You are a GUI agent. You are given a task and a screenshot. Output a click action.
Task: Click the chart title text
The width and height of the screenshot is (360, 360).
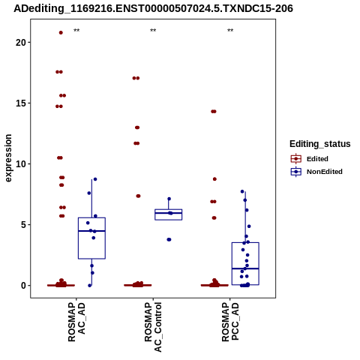tap(153, 8)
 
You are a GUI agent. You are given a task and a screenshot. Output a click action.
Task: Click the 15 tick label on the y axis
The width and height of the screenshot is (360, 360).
tap(21, 103)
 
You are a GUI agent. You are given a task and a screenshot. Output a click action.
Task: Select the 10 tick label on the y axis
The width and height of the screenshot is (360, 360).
tap(21, 164)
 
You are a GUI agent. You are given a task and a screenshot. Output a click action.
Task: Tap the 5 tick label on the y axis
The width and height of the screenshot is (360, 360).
tap(23, 225)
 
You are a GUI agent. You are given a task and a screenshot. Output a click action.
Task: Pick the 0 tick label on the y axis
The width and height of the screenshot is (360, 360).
tap(23, 286)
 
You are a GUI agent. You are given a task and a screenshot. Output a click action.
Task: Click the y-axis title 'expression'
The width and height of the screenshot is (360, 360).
tap(8, 158)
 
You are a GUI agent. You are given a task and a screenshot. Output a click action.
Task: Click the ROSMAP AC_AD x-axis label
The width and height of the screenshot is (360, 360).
tap(76, 322)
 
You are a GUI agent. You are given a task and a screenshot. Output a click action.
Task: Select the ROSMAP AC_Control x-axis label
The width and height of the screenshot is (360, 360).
tap(153, 327)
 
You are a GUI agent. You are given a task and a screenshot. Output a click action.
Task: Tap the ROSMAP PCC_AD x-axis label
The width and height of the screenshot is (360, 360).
tap(230, 322)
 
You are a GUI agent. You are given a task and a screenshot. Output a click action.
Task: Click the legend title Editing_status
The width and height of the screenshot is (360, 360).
tap(320, 144)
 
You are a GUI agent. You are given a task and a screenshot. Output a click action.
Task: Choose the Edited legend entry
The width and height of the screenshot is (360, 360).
tap(310, 159)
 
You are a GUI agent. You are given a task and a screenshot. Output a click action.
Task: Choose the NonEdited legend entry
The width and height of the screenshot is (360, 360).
tap(316, 172)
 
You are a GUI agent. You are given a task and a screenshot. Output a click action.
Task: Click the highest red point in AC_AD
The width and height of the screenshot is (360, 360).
tap(61, 32)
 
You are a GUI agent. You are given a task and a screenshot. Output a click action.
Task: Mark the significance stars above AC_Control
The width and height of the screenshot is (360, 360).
tap(153, 31)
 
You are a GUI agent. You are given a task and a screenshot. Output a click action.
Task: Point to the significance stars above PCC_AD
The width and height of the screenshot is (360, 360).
tap(230, 31)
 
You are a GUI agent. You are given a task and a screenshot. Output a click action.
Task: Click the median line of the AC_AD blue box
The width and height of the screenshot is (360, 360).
tap(91, 231)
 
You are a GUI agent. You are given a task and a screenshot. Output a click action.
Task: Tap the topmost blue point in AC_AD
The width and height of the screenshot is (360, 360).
tap(95, 179)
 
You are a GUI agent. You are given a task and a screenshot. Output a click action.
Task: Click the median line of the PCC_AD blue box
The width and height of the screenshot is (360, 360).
tap(245, 268)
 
